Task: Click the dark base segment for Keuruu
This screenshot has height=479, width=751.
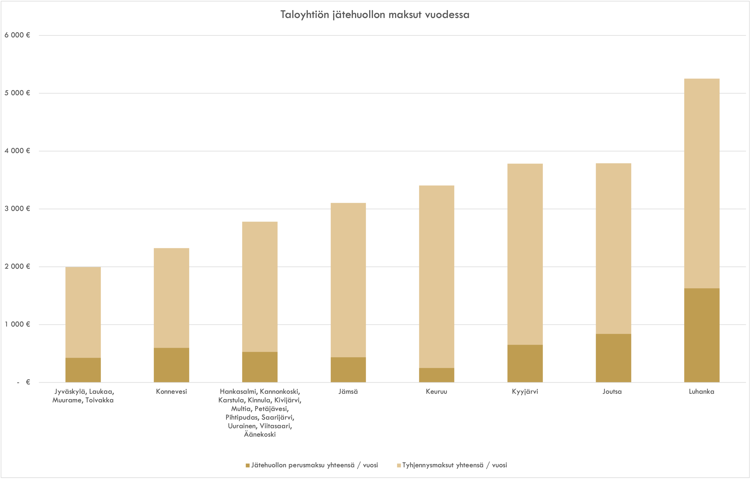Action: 436,375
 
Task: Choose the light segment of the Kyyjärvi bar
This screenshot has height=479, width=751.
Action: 525,254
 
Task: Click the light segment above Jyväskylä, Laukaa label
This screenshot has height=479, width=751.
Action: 83,312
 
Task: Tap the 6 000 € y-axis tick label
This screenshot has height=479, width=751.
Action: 17,35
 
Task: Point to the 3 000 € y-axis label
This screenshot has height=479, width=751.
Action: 17,209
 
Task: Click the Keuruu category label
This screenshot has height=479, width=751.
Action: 436,392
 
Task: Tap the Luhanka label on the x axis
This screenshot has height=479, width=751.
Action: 701,392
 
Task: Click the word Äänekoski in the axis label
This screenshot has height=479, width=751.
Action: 260,434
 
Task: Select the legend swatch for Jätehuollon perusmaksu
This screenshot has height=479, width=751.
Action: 248,465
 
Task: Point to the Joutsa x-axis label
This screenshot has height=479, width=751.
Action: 612,392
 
